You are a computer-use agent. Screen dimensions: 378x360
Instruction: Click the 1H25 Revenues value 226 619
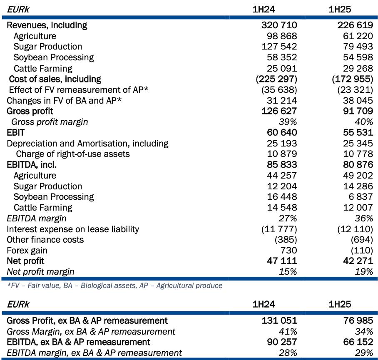pyautogui.click(x=355, y=25)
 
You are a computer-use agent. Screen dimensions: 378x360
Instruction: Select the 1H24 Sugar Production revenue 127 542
pyautogui.click(x=279, y=46)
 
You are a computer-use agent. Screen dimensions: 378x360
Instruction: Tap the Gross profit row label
pyautogui.click(x=30, y=111)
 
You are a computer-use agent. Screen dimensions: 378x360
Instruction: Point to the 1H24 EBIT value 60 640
pyautogui.click(x=282, y=132)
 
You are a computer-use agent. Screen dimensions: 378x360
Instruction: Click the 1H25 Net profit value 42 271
pyautogui.click(x=358, y=261)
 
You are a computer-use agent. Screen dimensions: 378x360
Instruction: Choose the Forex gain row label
pyautogui.click(x=27, y=251)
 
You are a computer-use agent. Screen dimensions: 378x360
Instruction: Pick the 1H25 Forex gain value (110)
pyautogui.click(x=362, y=250)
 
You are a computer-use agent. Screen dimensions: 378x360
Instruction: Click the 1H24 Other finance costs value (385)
pyautogui.click(x=286, y=240)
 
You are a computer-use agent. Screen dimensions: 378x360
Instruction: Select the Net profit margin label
pyautogui.click(x=40, y=272)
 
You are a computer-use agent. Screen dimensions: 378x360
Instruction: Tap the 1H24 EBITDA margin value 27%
pyautogui.click(x=288, y=218)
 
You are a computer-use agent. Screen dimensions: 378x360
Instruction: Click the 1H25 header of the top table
pyautogui.click(x=340, y=10)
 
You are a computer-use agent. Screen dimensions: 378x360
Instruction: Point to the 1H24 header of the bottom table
pyautogui.click(x=264, y=304)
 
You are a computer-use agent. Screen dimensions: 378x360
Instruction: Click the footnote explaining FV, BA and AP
pyautogui.click(x=115, y=286)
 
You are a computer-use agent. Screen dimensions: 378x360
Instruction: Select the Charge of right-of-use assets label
pyautogui.click(x=73, y=154)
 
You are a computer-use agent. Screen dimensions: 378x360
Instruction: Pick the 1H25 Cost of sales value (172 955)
pyautogui.click(x=353, y=79)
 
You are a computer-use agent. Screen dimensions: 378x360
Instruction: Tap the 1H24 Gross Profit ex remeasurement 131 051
pyautogui.click(x=279, y=320)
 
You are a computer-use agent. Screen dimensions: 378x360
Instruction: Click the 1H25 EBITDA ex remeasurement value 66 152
pyautogui.click(x=358, y=342)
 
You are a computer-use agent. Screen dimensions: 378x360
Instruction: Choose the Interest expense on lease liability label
pyautogui.click(x=73, y=229)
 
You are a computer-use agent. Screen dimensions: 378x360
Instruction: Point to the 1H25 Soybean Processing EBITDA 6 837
pyautogui.click(x=361, y=196)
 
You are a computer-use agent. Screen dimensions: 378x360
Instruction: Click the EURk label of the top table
pyautogui.click(x=18, y=10)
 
